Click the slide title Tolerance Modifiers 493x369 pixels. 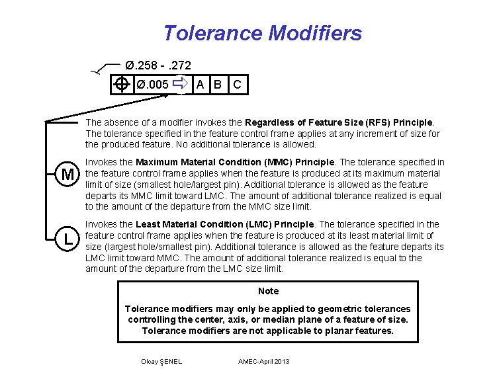(262, 32)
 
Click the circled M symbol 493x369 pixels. (67, 175)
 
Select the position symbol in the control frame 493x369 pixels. (120, 84)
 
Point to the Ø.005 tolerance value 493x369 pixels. (152, 84)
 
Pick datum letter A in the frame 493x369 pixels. (200, 84)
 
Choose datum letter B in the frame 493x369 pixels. (216, 84)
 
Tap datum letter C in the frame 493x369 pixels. (237, 84)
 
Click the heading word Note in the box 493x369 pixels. (268, 291)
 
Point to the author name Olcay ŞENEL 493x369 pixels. (161, 361)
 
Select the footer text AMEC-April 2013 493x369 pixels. (263, 361)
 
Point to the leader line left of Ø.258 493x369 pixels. (106, 69)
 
